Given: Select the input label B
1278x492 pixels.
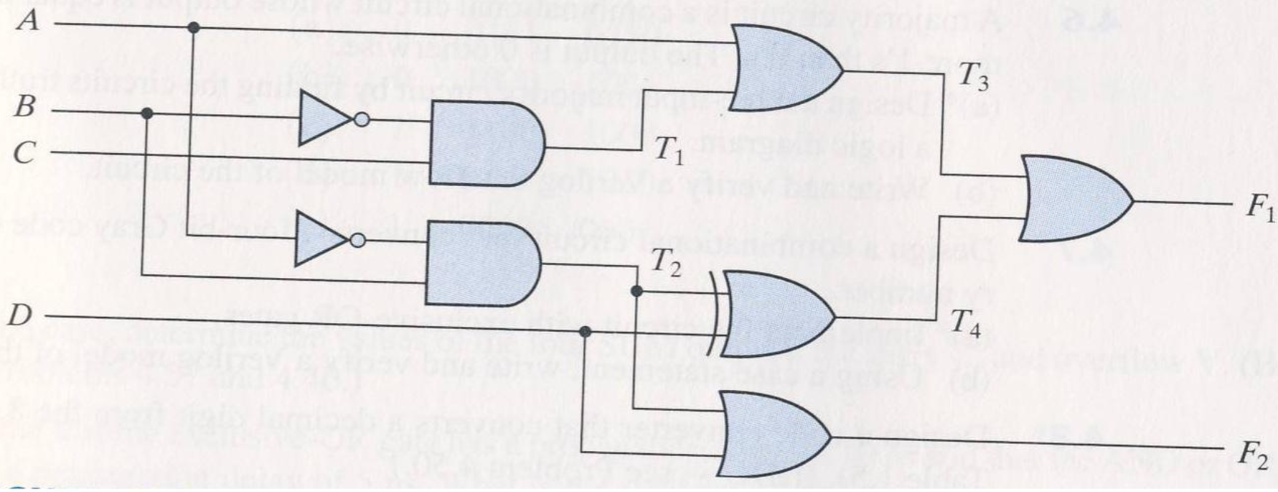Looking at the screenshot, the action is pos(25,107).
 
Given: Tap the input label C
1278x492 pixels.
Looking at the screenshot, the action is pos(24,152).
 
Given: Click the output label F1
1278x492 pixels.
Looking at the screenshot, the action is pos(1259,208).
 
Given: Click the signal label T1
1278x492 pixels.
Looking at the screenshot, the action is pos(669,149).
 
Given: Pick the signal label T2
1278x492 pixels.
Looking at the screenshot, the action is pos(665,262).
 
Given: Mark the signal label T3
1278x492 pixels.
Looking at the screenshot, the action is pos(973,76).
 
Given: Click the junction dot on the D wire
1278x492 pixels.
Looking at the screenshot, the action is pos(585,331).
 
